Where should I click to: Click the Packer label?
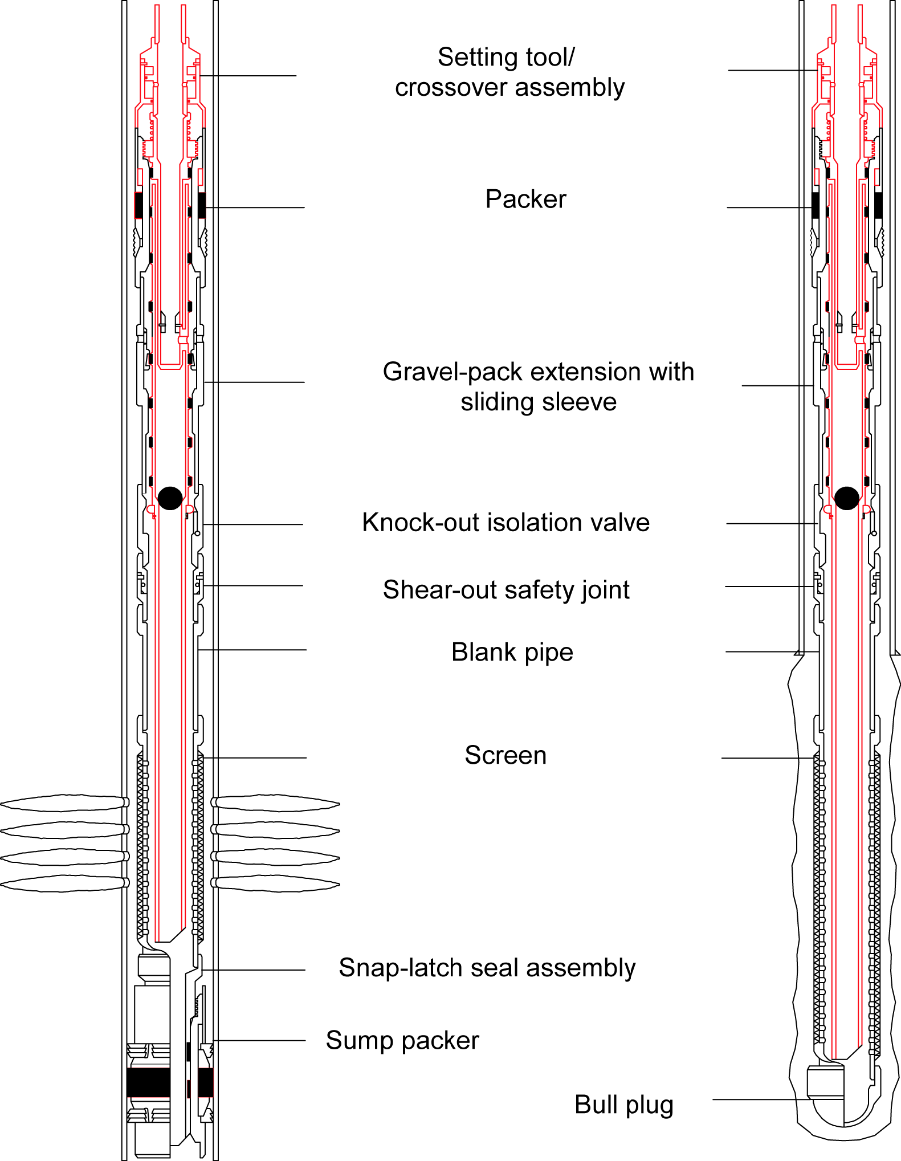[525, 199]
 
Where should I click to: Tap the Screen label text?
[505, 755]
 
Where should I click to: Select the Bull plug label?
[623, 1105]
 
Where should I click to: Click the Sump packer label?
[402, 1041]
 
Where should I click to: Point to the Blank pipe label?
[512, 652]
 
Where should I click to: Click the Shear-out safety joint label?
[506, 590]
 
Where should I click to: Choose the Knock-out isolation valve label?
[505, 523]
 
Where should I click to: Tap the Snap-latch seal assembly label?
[487, 968]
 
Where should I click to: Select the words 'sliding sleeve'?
[539, 402]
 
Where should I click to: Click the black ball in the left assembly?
[170, 498]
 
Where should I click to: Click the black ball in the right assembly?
[846, 498]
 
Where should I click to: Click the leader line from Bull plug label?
[764, 1100]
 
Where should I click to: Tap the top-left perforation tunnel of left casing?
[63, 803]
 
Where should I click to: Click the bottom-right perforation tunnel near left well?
[276, 883]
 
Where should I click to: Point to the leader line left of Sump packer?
[259, 1041]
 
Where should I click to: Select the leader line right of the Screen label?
[767, 758]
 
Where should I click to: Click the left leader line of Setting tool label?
[248, 76]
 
